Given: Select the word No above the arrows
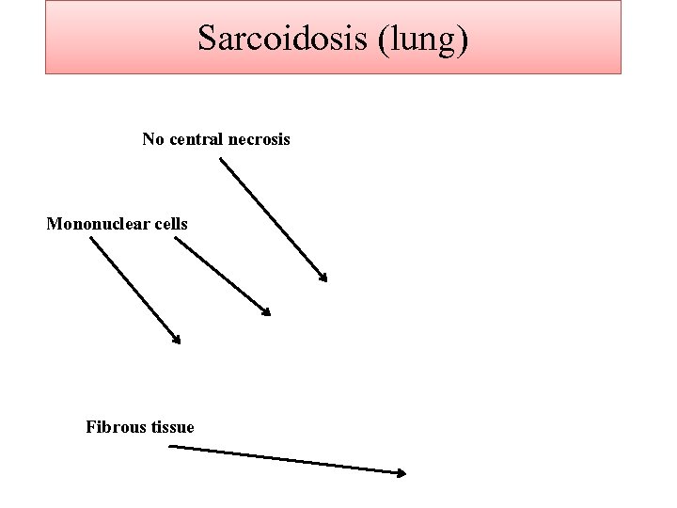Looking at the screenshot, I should pos(151,139).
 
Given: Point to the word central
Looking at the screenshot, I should pos(197,139).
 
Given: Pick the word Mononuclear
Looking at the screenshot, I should pos(99,224).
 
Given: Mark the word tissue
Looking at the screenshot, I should pos(170,427).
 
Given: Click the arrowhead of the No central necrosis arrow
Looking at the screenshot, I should pos(324,278).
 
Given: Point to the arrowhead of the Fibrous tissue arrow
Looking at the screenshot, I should pos(402,473).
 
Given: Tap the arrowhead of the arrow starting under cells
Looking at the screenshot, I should pos(268,312).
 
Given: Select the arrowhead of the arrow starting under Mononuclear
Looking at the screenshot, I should pos(177,341).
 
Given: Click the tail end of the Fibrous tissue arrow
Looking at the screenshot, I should pos(169,448).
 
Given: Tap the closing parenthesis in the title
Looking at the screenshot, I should pos(464,40).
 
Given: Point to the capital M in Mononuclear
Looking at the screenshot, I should pos(54,224).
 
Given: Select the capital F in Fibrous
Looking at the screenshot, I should pos(90,427).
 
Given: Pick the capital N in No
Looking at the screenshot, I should pos(148,139).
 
